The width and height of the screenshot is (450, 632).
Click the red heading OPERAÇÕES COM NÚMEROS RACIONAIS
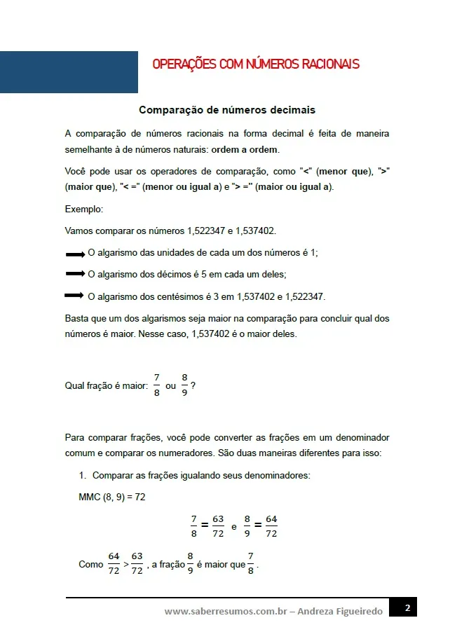[x=256, y=64]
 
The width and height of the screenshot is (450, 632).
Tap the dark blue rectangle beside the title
[x=69, y=71]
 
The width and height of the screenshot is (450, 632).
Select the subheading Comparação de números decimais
[x=227, y=110]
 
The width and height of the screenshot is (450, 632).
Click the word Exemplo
[x=83, y=209]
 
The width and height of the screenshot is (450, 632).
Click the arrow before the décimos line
[x=75, y=274]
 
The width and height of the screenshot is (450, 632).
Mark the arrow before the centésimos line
[x=75, y=296]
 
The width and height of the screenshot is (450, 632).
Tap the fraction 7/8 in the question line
[x=157, y=385]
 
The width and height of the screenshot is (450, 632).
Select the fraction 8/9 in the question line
[x=184, y=385]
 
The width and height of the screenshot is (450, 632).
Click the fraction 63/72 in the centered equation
[x=218, y=526]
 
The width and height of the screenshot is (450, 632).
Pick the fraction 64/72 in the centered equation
[x=271, y=526]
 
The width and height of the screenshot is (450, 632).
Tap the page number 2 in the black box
[x=406, y=607]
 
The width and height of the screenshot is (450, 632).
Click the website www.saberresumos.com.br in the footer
[x=226, y=612]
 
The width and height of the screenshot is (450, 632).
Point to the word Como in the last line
[x=91, y=565]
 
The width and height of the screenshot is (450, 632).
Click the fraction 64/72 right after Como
[x=114, y=564]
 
